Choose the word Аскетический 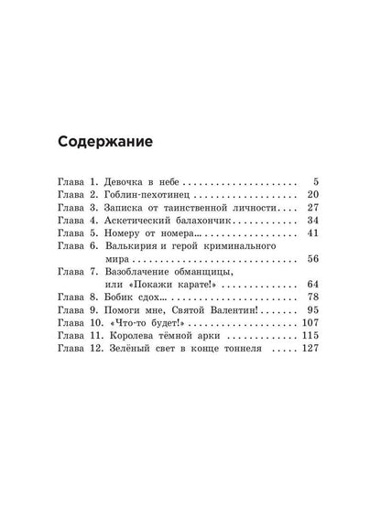coord(156,221)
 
